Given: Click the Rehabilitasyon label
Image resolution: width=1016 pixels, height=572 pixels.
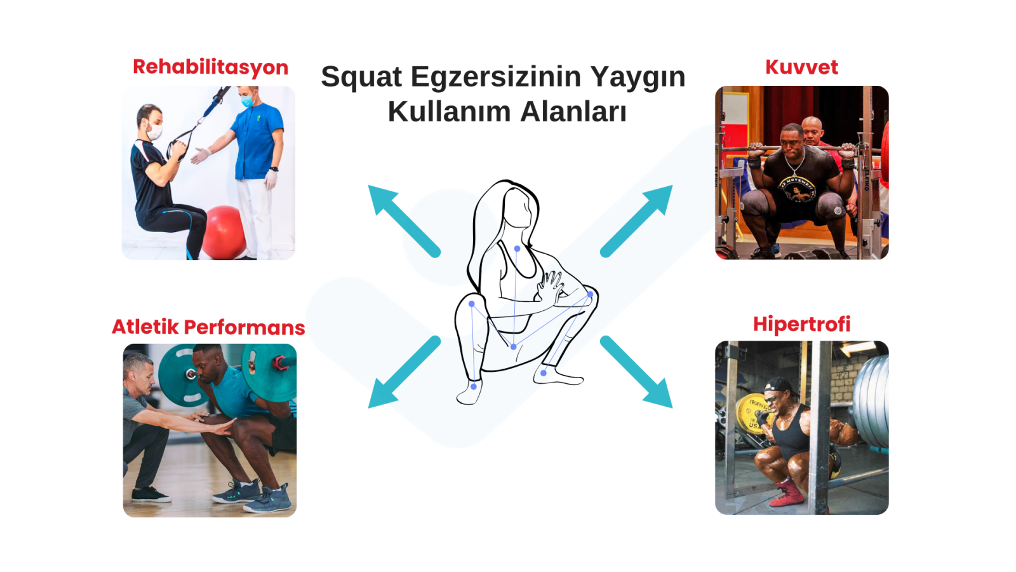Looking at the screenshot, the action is [210, 67].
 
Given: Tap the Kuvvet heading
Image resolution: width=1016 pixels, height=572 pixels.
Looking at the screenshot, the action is [801, 67].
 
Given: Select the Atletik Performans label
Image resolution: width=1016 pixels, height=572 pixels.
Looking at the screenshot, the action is [208, 327].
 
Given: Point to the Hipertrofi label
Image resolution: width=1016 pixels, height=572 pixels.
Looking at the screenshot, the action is [801, 325].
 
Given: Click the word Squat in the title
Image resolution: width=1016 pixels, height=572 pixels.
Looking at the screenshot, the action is [361, 77].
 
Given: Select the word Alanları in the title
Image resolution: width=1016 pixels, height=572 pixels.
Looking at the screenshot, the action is [573, 112].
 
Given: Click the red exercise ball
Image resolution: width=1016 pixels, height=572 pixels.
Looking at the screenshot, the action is [223, 233].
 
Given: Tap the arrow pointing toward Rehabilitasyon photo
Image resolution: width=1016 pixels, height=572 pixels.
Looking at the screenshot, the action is [404, 221].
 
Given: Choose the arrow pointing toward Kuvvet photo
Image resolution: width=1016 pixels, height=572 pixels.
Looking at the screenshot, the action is [636, 221].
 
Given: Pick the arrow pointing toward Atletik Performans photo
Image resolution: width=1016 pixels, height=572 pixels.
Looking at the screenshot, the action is [404, 372].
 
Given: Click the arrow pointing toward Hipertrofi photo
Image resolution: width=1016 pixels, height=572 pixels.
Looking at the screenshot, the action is [636, 372].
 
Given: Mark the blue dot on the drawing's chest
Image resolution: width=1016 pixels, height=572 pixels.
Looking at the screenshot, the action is [517, 249].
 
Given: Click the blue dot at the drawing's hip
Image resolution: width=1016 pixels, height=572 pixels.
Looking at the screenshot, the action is [514, 347].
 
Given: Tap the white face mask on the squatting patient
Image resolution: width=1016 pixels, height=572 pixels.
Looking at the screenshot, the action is [154, 132].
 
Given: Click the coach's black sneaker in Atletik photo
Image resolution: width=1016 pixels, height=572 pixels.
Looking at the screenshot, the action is [151, 494].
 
